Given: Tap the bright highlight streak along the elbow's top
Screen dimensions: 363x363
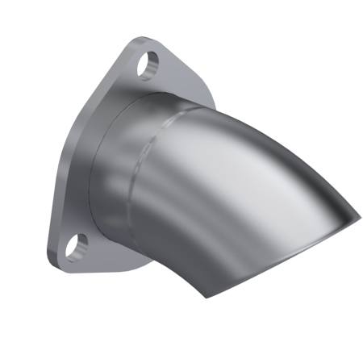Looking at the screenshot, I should [242, 129].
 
